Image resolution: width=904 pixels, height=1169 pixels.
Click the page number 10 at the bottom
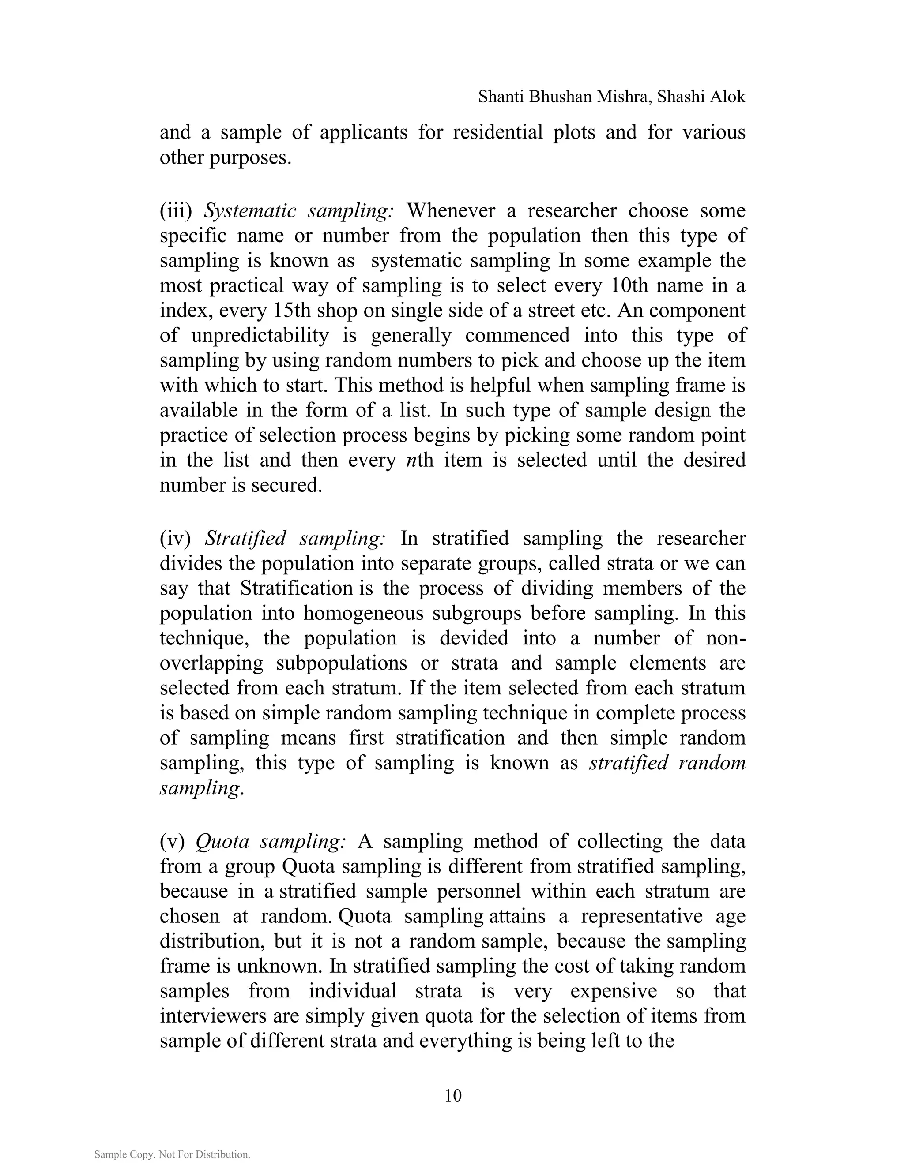tap(452, 1096)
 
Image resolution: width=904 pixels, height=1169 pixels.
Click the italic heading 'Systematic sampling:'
tap(298, 211)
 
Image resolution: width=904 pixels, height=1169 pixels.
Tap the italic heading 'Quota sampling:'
tap(271, 841)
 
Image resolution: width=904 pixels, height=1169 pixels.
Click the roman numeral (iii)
tap(176, 211)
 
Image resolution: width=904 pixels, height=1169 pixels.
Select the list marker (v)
tap(172, 841)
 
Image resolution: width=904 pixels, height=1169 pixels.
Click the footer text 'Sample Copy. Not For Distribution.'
tap(173, 1154)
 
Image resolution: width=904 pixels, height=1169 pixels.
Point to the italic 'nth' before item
tap(420, 460)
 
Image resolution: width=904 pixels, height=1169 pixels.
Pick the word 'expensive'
tap(613, 991)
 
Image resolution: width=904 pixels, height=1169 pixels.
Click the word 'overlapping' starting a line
tap(211, 663)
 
